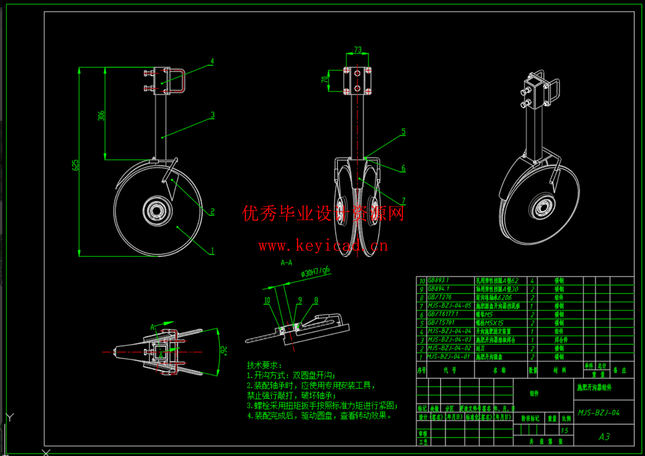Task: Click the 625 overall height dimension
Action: click(x=76, y=165)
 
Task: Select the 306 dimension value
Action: click(x=101, y=116)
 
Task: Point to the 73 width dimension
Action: click(x=358, y=50)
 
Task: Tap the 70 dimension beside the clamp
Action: click(x=325, y=79)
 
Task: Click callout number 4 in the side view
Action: click(x=212, y=61)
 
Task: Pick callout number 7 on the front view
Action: click(x=404, y=200)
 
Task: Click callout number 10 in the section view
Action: click(x=267, y=300)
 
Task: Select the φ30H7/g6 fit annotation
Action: click(x=316, y=272)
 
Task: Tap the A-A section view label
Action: click(x=286, y=262)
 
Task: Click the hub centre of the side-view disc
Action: click(x=157, y=211)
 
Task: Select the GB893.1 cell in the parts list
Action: click(x=439, y=280)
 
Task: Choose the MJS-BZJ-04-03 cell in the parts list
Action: click(x=450, y=340)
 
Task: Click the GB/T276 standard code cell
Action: click(x=439, y=297)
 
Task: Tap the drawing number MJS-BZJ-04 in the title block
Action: click(x=599, y=412)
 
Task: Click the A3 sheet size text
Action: click(x=604, y=437)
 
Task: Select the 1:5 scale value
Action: click(x=565, y=430)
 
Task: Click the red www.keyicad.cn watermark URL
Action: click(x=323, y=246)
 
